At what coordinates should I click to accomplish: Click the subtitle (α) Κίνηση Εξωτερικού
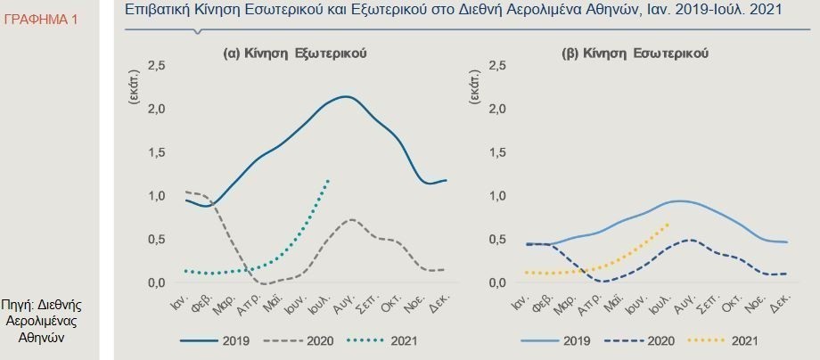[x=294, y=53]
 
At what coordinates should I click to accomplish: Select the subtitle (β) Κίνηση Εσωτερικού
[x=635, y=53]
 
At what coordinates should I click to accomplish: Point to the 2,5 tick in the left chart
[x=156, y=66]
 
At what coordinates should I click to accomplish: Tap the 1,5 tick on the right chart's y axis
[x=498, y=152]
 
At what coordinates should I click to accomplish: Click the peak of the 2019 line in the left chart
[x=346, y=96]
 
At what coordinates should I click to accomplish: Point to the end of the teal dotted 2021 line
[x=328, y=180]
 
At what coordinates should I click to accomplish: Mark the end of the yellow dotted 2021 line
[x=668, y=224]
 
